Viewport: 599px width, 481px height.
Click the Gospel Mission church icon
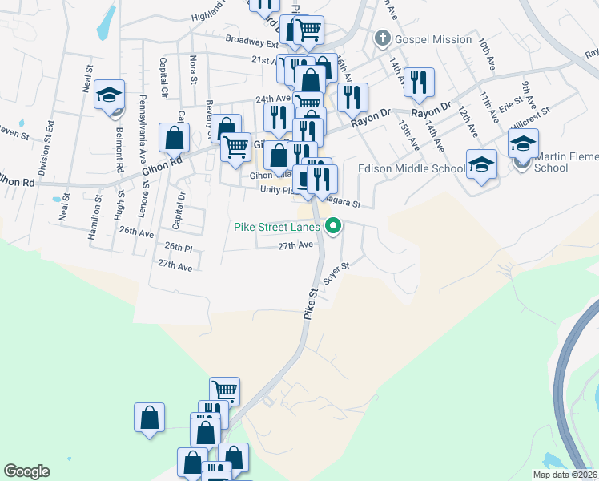click(x=383, y=38)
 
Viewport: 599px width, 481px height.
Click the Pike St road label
click(x=312, y=305)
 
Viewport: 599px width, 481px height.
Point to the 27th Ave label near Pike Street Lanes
click(x=295, y=245)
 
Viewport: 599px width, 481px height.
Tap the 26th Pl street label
click(x=179, y=246)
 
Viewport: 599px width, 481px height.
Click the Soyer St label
click(x=336, y=273)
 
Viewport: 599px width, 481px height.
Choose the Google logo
click(x=26, y=471)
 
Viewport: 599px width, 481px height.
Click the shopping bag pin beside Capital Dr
click(x=174, y=139)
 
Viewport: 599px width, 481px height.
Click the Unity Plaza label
click(x=278, y=189)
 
